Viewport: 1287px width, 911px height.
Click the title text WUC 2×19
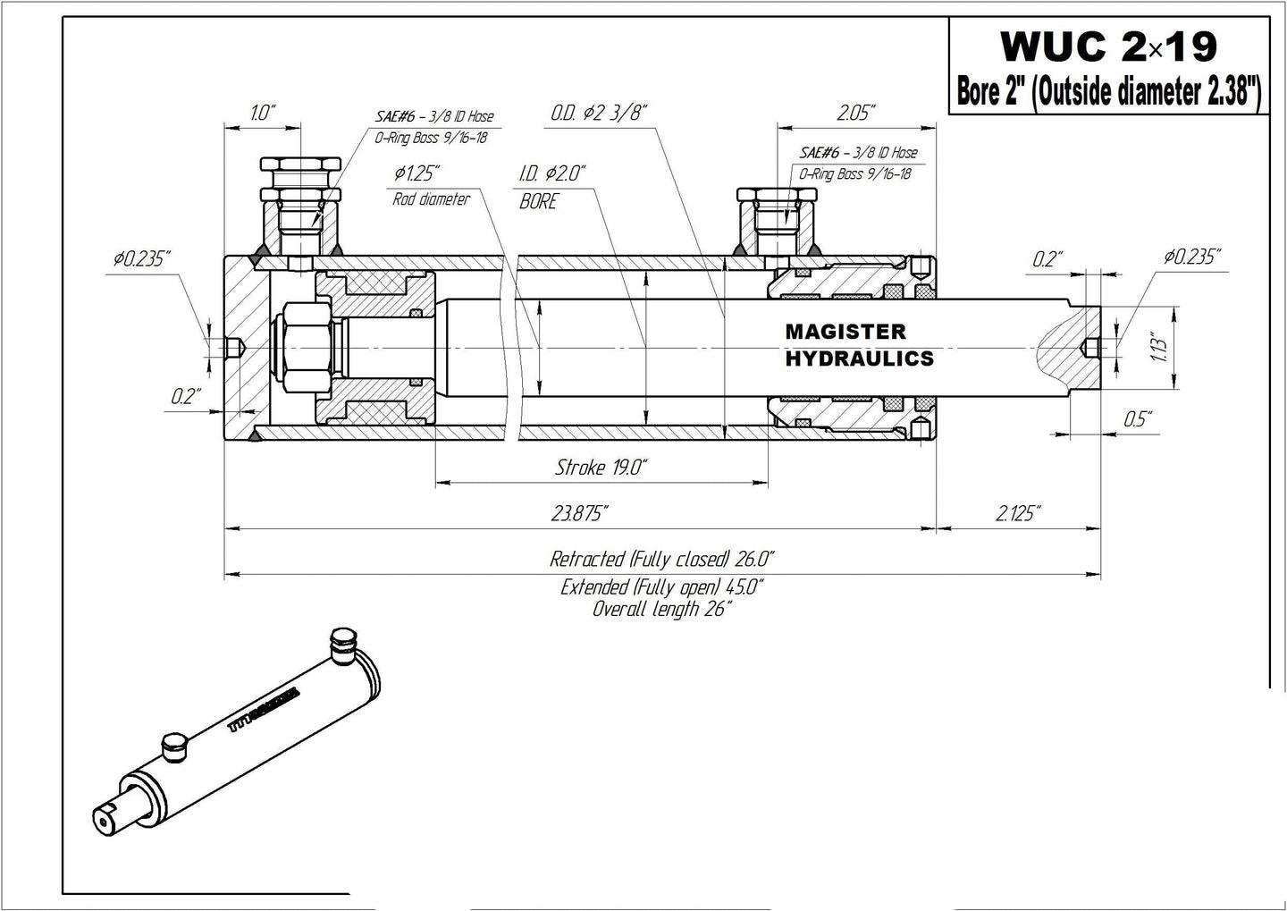1108,46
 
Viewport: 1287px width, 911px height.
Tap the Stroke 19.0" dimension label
601,468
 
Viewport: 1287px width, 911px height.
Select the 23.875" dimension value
580,513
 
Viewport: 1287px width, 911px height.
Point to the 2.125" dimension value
1016,513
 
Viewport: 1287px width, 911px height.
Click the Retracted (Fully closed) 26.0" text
661,560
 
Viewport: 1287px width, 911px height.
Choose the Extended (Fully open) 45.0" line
661,587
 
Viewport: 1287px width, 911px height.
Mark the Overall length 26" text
661,610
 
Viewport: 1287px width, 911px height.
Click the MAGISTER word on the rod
845,332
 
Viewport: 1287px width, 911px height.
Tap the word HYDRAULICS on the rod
859,358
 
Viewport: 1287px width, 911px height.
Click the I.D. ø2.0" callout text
551,173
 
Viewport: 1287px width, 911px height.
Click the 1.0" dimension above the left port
263,113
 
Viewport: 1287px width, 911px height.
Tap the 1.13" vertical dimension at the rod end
1160,346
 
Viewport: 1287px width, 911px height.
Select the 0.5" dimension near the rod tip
1137,418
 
